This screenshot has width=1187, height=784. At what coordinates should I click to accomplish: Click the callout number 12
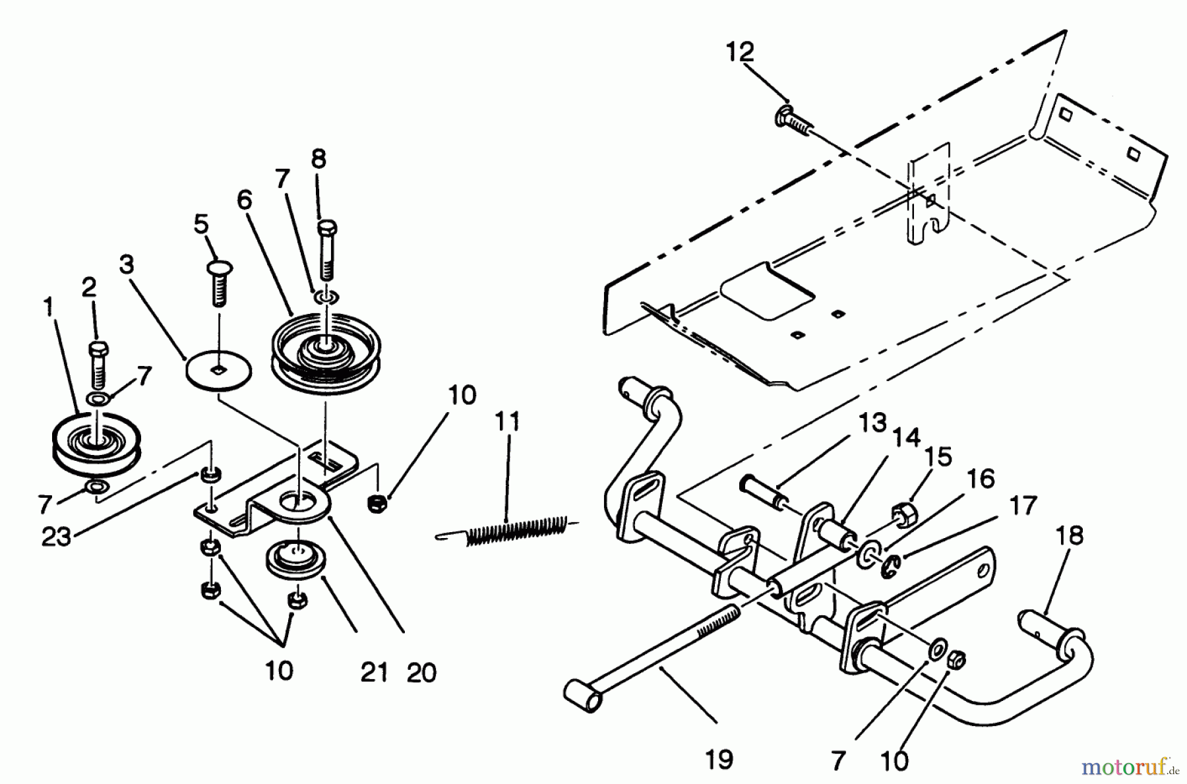pyautogui.click(x=740, y=51)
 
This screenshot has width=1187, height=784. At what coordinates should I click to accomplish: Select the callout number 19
pyautogui.click(x=718, y=760)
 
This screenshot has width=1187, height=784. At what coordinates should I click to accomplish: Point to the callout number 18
pyautogui.click(x=1069, y=535)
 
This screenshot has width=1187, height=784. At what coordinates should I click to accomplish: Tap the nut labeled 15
pyautogui.click(x=902, y=515)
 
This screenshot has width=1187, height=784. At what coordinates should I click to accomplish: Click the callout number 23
pyautogui.click(x=56, y=537)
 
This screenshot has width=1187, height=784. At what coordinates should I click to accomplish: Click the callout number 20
pyautogui.click(x=421, y=673)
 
